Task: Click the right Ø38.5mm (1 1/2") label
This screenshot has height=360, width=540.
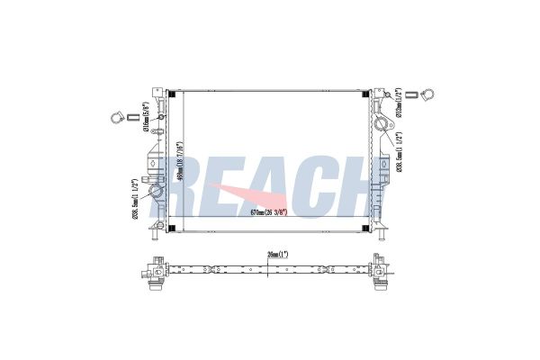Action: coord(399,153)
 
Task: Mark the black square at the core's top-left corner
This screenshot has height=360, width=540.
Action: coord(175,93)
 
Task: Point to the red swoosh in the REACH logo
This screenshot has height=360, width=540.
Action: coord(236,199)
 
